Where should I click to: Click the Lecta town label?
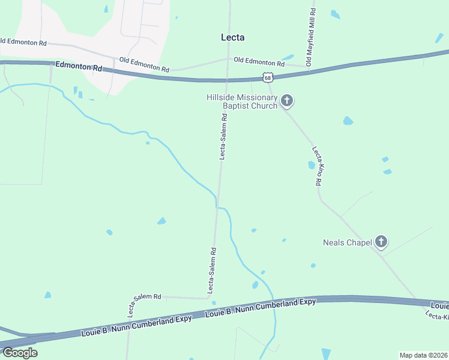point(233,37)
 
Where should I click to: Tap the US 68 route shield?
point(268,77)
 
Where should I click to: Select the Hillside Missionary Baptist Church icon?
point(287,101)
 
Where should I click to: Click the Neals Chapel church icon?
point(381,242)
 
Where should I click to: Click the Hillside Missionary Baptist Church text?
point(242,101)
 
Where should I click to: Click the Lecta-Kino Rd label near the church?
point(319,166)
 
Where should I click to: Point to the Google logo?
point(19,352)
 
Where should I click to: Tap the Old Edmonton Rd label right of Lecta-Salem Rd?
point(259,61)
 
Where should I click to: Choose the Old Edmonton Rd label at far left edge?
point(23,42)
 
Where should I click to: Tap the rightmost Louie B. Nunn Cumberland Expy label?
point(439,306)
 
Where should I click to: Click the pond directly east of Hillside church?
point(348,121)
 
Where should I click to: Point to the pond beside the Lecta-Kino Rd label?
point(312,165)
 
